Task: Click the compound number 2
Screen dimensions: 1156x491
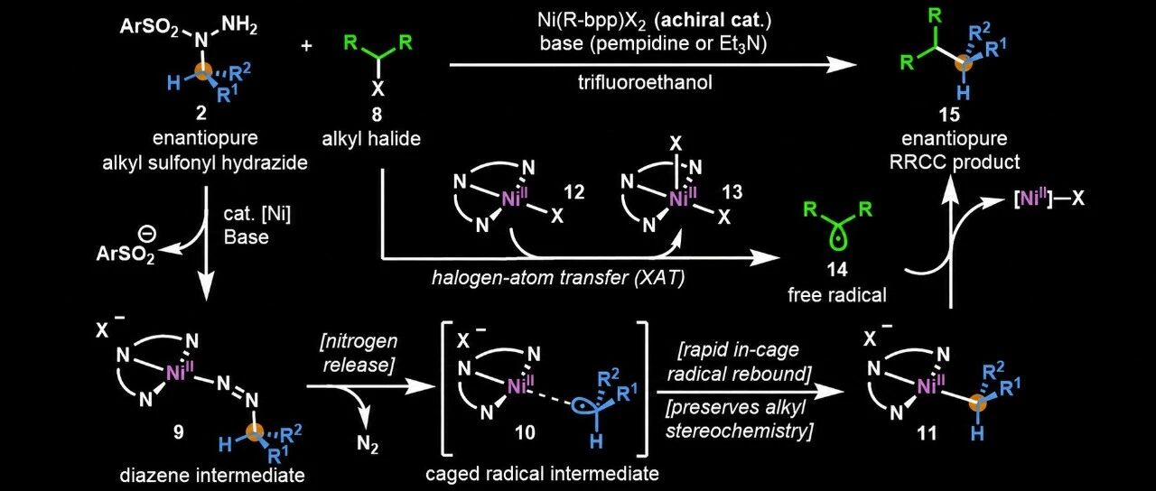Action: [200, 114]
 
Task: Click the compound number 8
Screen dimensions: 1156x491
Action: [377, 114]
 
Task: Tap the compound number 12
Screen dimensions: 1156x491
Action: [573, 192]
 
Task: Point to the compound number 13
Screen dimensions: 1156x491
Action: [732, 192]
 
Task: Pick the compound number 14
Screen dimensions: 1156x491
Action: [836, 269]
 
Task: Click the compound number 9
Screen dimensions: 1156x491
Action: [179, 431]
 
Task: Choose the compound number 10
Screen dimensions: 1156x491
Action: [525, 432]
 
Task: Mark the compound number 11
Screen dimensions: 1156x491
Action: [926, 432]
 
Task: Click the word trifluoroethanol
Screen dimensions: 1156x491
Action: [645, 82]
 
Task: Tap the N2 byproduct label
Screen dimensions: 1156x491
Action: [368, 445]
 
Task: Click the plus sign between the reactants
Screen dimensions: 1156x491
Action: [306, 46]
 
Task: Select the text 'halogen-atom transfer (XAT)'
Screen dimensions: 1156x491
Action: [558, 278]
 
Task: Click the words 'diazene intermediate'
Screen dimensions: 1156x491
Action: [212, 475]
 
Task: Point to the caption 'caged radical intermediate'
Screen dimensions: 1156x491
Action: [543, 474]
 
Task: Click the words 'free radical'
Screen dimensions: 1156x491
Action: [837, 295]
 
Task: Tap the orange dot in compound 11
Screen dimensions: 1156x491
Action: [977, 403]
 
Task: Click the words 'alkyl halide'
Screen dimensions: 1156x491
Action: [371, 139]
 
